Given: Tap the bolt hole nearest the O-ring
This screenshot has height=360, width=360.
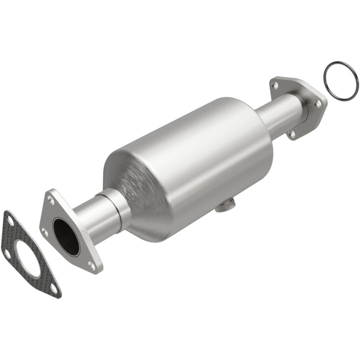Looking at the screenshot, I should [317, 103].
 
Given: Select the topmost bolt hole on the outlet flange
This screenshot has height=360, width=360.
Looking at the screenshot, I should [275, 85].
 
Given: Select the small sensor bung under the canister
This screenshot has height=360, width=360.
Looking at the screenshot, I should [226, 204].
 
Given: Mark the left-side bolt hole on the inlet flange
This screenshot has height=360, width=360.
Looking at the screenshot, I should [45, 232].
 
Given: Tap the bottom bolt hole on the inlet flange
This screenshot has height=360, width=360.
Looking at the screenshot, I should [91, 265].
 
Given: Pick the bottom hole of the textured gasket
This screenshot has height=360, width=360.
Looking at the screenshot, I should [53, 288].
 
